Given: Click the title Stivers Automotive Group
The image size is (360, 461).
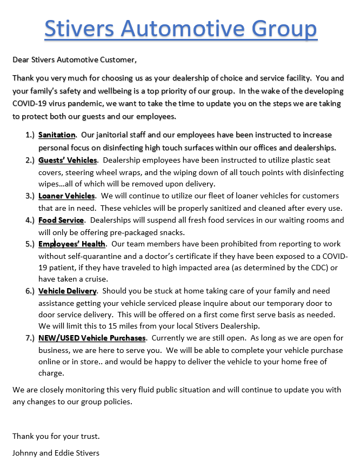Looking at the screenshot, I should [x=181, y=28].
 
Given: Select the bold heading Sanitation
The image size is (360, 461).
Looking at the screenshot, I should [x=57, y=135].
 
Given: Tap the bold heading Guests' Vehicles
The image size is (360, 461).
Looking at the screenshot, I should [x=68, y=160].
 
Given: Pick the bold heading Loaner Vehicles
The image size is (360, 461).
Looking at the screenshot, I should [x=66, y=196].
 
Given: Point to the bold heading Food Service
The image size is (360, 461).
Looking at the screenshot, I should [x=61, y=221].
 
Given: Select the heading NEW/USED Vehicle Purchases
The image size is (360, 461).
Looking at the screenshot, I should [x=92, y=338].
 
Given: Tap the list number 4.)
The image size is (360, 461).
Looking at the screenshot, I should [x=30, y=221].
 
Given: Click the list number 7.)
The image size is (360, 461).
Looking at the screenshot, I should [x=30, y=338].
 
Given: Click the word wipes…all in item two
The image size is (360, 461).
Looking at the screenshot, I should [x=55, y=184].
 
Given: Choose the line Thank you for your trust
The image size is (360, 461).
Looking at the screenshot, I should [x=56, y=436].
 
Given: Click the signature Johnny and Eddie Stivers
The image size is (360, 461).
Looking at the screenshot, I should [x=56, y=452].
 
